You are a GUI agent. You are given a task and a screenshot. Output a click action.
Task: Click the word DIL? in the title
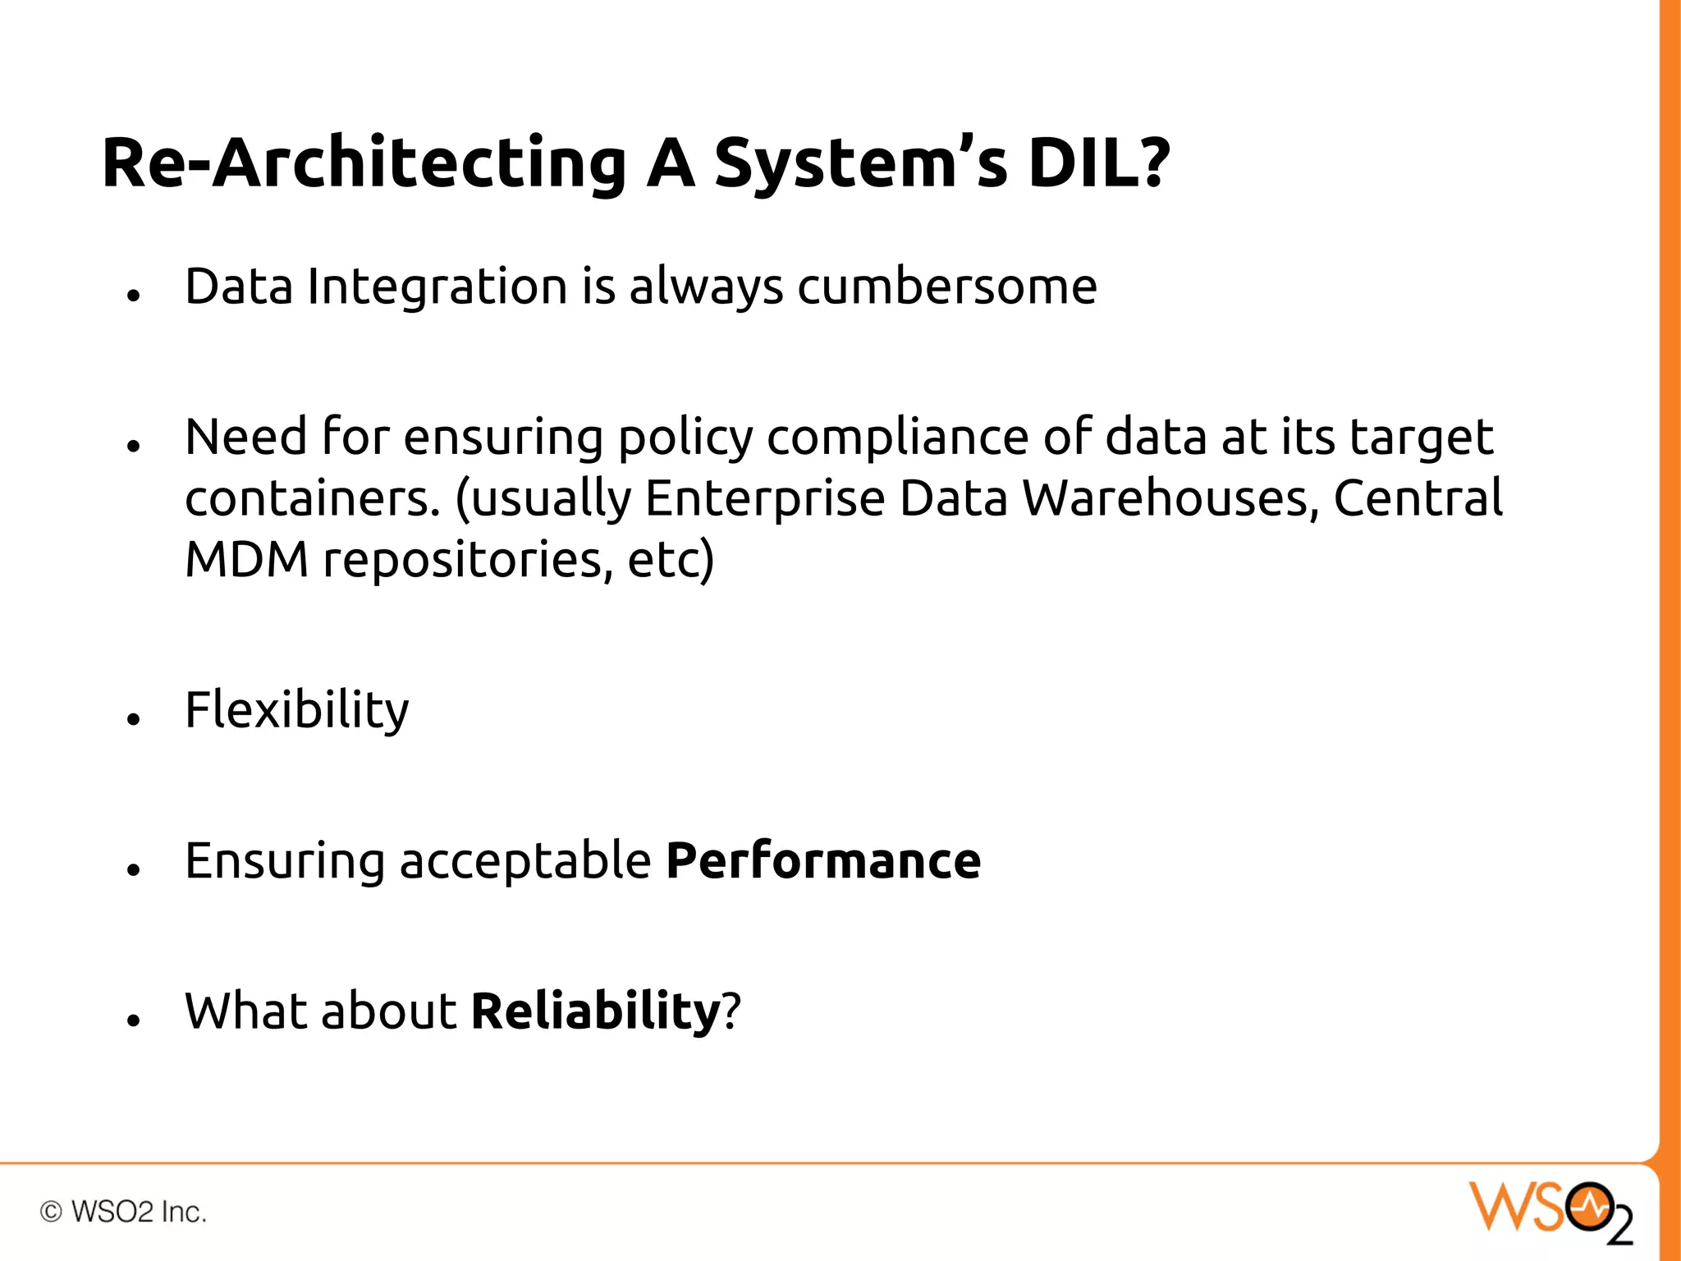point(1098,163)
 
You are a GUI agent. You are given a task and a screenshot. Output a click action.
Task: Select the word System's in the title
point(860,164)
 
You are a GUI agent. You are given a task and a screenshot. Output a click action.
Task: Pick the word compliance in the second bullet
point(897,438)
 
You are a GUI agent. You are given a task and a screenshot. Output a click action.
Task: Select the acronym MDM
point(247,560)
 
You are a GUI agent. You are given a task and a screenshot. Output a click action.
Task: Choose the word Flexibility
point(296,711)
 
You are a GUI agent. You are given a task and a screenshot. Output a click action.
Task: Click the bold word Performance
point(822,861)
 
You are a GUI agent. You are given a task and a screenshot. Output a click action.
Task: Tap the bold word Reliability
point(595,1011)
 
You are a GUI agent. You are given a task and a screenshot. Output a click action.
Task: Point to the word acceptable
point(525,863)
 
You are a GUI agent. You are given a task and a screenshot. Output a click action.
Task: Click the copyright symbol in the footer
point(51,1212)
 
